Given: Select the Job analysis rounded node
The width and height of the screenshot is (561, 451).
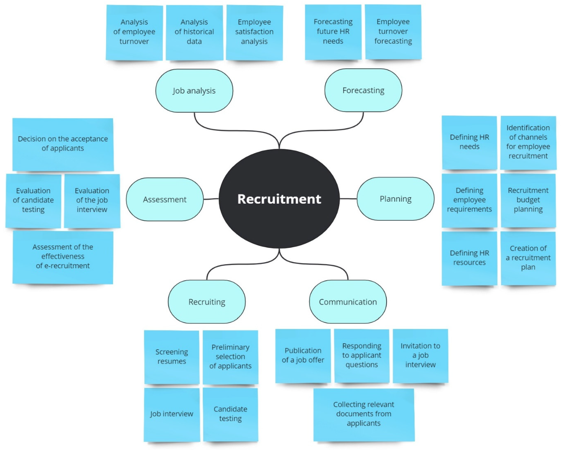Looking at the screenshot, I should click(x=194, y=91).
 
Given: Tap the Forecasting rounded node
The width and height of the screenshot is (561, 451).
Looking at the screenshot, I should click(x=363, y=90).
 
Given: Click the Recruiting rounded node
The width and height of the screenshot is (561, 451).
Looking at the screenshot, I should click(x=207, y=302).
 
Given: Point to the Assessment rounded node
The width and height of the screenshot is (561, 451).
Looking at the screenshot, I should click(x=165, y=199).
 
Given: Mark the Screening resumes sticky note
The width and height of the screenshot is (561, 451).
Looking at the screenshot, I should click(x=172, y=357).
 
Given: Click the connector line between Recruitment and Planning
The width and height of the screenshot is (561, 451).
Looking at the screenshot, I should click(x=348, y=199).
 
